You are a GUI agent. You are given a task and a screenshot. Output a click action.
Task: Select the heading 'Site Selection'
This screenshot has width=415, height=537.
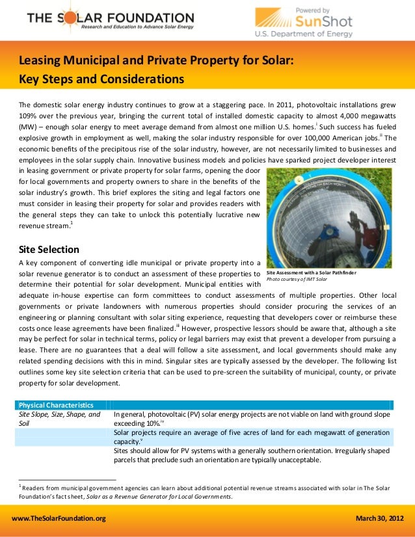click(x=49, y=249)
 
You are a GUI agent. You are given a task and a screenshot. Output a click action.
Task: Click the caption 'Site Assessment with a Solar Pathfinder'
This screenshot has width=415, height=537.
click(x=312, y=273)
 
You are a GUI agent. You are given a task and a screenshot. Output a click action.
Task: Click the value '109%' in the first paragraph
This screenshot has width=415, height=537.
click(x=28, y=115)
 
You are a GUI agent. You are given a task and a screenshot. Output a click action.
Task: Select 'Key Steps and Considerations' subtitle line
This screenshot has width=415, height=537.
click(x=101, y=80)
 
